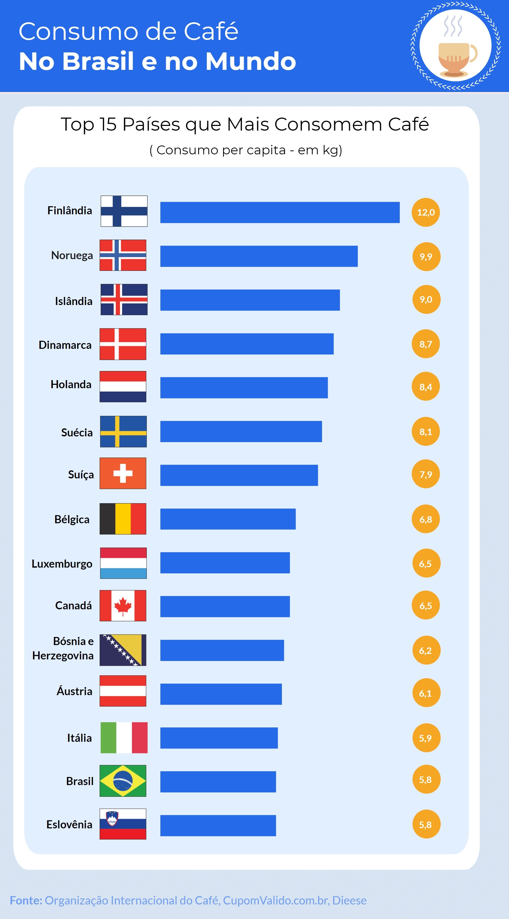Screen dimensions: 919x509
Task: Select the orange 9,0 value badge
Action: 426,299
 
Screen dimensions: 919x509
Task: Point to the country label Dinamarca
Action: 65,345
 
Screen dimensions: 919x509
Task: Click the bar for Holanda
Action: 244,387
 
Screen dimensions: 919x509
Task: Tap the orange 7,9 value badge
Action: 426,474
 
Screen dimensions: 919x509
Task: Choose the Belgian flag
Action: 123,519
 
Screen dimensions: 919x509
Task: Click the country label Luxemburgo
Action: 62,564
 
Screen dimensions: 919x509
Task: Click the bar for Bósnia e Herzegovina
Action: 222,650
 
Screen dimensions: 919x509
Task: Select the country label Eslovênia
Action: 69,824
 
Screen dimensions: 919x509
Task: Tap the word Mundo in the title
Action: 251,61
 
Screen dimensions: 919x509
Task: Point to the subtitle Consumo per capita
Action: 246,150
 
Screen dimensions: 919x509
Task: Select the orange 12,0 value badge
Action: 426,212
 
